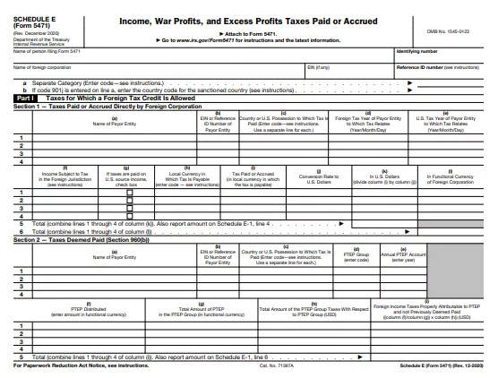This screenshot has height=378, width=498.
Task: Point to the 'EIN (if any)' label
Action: point(319,66)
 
